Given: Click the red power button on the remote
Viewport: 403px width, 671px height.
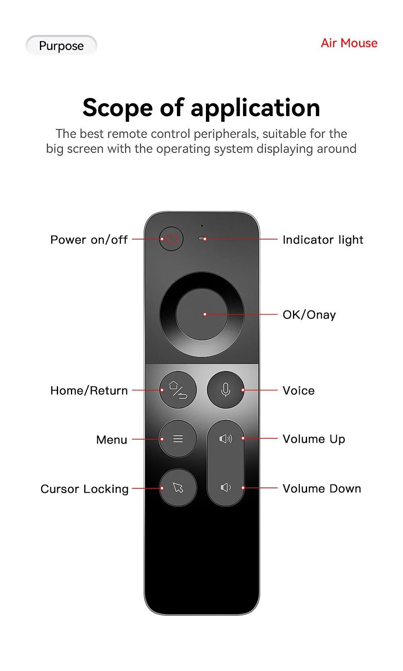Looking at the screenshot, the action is (171, 239).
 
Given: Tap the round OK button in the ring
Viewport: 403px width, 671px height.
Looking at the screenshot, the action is (201, 314).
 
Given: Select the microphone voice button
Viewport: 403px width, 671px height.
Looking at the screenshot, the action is (225, 390).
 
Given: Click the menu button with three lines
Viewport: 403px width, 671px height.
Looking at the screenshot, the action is (178, 439).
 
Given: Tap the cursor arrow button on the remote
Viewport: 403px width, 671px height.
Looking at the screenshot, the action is (178, 488).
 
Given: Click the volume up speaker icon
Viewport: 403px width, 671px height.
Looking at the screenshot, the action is (226, 439).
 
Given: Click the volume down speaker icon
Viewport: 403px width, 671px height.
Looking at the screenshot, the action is (226, 488).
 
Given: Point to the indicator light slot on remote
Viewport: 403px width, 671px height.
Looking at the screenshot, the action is (202, 239).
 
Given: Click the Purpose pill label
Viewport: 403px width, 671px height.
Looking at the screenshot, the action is (61, 46).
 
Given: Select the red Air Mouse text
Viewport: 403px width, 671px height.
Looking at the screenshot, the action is (349, 43).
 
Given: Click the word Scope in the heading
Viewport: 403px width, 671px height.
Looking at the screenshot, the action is (118, 108).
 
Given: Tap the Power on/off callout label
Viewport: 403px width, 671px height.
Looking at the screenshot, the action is (89, 240).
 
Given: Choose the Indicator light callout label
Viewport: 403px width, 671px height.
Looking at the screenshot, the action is (323, 240).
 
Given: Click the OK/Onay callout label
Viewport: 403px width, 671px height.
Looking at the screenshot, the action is (309, 315).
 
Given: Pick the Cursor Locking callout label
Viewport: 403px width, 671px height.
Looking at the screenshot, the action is (85, 489).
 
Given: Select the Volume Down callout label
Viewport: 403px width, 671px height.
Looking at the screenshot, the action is (322, 489).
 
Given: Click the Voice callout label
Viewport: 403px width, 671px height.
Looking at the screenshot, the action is (299, 391).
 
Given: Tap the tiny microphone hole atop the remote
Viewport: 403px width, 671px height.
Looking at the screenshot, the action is (202, 225).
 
